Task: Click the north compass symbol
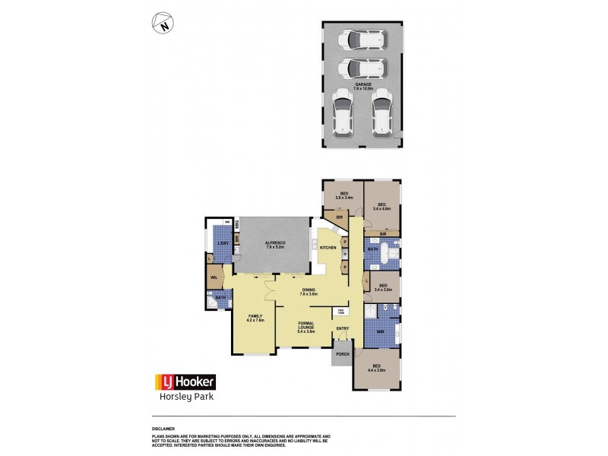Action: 163,25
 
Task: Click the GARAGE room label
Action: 363,86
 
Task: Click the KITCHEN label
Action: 328,249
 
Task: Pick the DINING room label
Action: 309,291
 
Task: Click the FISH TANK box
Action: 340,312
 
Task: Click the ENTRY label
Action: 343,329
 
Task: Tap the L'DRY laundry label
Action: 223,242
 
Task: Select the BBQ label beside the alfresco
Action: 238,224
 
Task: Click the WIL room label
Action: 214,278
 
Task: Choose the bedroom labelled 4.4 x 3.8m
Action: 377,370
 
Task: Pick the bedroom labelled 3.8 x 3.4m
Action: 344,196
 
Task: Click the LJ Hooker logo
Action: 185,382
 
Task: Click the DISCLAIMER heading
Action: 163,429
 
